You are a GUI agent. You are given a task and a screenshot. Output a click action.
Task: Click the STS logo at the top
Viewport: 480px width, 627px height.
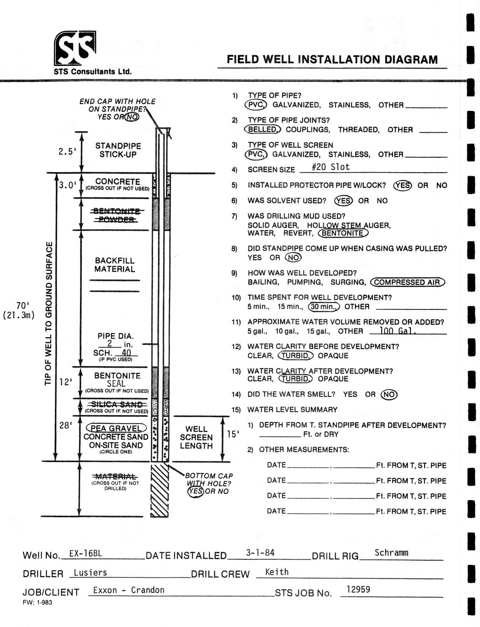[x=75, y=48]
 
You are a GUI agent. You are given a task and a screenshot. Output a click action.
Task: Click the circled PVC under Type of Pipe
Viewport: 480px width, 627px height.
[x=256, y=104]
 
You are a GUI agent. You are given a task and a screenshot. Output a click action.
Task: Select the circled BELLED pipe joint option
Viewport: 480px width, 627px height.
[x=262, y=129]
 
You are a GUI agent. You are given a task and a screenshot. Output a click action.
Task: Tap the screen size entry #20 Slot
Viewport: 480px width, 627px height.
[x=331, y=167]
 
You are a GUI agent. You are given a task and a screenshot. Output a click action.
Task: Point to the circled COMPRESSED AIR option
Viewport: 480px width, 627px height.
[x=408, y=282]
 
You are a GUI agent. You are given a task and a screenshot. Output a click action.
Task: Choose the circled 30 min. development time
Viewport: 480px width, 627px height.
[x=324, y=306]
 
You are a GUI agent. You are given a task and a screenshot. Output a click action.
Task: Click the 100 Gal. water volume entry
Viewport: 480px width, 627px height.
[x=398, y=330]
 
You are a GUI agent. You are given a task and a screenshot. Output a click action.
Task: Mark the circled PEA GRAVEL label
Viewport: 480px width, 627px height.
[x=116, y=428]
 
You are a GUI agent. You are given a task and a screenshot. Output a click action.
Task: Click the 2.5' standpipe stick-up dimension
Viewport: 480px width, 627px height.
[x=67, y=151]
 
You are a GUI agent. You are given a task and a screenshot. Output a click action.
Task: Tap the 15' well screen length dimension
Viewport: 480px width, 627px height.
[x=233, y=434]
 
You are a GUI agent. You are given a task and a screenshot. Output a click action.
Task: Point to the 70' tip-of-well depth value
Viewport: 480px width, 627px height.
[x=23, y=305]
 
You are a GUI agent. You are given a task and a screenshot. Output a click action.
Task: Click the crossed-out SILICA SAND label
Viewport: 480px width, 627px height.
[x=117, y=404]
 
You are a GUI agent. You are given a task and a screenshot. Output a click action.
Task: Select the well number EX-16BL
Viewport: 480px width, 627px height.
[x=85, y=553]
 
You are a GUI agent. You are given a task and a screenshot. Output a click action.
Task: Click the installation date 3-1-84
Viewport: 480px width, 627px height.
[x=260, y=552]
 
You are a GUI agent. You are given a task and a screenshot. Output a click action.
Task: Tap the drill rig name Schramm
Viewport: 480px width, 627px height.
[x=391, y=552]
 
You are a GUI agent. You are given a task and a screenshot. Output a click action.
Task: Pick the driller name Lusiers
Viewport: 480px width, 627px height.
[x=90, y=572]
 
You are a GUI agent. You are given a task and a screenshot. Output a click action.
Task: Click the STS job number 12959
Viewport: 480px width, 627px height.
[x=358, y=589]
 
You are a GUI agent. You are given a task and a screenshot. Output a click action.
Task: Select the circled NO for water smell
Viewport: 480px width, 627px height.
[x=389, y=394]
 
